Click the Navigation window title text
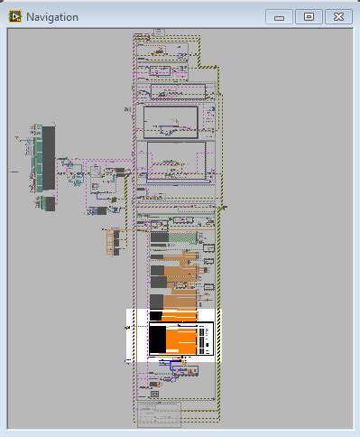52,17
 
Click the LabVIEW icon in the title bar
14,17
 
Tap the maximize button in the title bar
309,16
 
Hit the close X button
337,16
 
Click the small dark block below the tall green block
49,203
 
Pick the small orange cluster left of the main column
113,241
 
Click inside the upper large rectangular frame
171,121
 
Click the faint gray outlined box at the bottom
160,414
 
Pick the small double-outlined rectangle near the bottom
154,395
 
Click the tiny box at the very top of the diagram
159,32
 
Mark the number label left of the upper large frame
127,109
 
